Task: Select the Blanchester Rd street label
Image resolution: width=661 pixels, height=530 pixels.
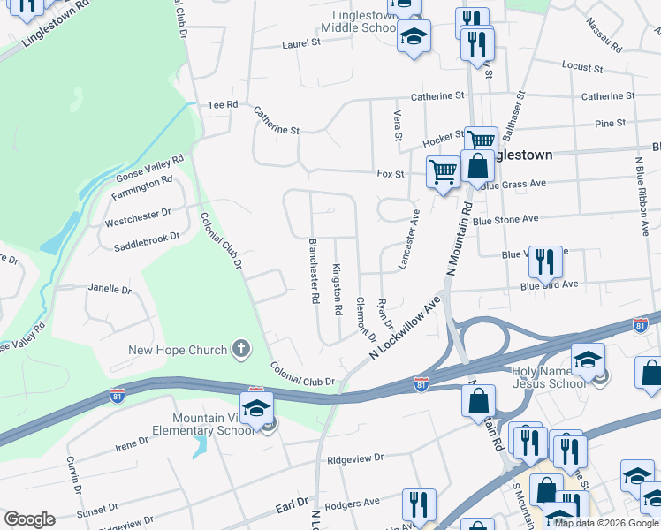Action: pos(313,270)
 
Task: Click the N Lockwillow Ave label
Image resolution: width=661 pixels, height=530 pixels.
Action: pos(405,327)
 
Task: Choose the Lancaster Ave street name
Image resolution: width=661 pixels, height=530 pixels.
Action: pos(410,240)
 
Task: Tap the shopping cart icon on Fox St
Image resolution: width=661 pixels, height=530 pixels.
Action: pos(442,170)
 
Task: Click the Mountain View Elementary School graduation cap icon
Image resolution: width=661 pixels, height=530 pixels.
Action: pos(256,408)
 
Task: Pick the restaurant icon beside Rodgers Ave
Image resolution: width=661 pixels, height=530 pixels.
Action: pos(417,504)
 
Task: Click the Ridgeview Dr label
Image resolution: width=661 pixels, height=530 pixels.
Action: pos(355,458)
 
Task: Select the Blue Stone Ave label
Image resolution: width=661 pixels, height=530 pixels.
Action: pos(505,219)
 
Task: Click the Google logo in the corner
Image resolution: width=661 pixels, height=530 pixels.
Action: pos(29,519)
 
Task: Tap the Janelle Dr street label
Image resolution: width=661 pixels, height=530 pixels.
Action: pos(109,289)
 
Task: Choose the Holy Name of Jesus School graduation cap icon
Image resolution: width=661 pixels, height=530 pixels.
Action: pos(586,359)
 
